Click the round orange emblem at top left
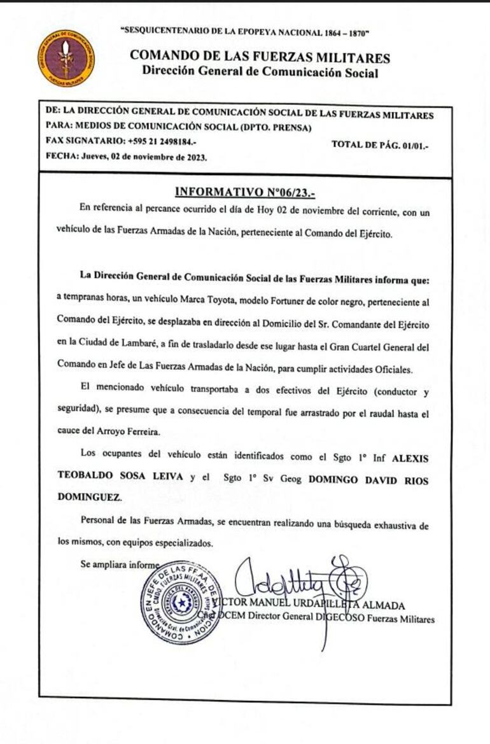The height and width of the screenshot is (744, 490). pyautogui.click(x=65, y=59)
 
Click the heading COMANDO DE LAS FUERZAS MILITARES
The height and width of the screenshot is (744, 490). pyautogui.click(x=260, y=57)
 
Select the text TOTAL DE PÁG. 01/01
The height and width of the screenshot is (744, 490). pyautogui.click(x=380, y=145)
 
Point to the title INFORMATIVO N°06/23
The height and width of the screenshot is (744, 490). pyautogui.click(x=244, y=191)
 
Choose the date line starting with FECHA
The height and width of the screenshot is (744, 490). pyautogui.click(x=126, y=157)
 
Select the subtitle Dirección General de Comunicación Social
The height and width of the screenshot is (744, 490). pyautogui.click(x=260, y=72)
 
